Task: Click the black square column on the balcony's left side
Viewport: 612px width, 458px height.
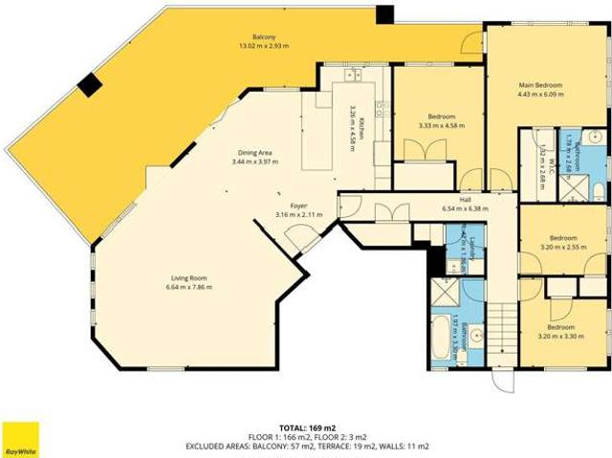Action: coord(89,85)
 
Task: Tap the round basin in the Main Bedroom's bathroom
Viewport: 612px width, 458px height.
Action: coord(592,137)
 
